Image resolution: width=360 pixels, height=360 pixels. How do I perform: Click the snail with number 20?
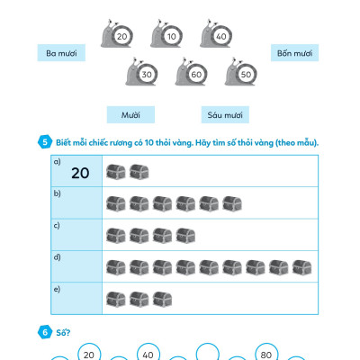[x=117, y=34]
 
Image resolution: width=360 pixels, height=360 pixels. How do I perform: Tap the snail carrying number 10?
[x=166, y=34]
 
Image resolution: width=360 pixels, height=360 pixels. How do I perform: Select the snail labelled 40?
[x=216, y=34]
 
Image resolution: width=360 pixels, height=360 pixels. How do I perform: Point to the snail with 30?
[x=141, y=72]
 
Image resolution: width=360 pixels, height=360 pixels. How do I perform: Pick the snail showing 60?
[x=192, y=72]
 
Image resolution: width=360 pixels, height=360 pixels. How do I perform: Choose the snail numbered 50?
[x=241, y=72]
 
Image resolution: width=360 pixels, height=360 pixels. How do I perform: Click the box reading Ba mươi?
[x=61, y=53]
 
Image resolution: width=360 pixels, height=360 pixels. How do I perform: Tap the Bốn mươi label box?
[x=294, y=53]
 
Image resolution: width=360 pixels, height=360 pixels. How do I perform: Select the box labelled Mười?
[x=130, y=114]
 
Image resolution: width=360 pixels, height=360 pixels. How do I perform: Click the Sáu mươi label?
[x=225, y=114]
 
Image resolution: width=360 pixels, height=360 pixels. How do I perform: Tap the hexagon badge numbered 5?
[x=45, y=142]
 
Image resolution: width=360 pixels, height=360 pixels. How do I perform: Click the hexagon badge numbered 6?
[x=45, y=332]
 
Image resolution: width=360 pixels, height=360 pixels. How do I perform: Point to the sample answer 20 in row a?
[x=80, y=173]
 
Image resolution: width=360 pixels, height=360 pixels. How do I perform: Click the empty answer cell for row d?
[x=76, y=266]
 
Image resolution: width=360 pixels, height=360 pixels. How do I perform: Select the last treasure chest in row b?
[x=232, y=203]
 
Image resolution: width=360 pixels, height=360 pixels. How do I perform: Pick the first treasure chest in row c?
[x=116, y=236]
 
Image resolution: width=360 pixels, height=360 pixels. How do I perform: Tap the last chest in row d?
[x=301, y=267]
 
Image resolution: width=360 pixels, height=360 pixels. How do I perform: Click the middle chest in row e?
[x=139, y=299]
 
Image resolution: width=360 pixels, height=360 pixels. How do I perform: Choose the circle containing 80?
[x=266, y=354]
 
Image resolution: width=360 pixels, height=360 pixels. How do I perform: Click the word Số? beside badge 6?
[x=63, y=332]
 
